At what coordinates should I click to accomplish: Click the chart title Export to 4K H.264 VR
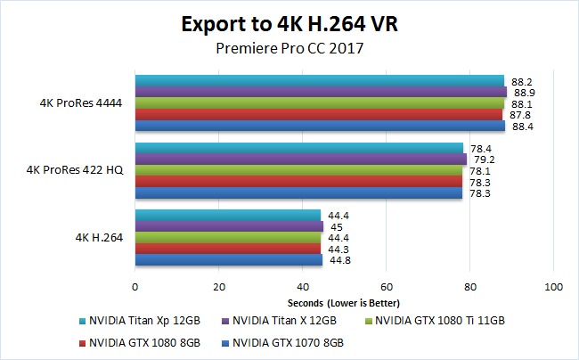[x=289, y=23]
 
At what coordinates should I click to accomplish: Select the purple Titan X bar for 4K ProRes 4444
[x=321, y=92]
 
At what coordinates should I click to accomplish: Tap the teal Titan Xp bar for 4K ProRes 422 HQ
[x=298, y=148]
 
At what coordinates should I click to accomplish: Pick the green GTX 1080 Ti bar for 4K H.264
[x=227, y=238]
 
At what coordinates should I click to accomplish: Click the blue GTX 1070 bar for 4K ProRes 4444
[x=320, y=126]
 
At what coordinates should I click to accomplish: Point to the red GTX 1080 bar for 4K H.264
[x=227, y=249]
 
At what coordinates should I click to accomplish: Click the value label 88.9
[x=525, y=92]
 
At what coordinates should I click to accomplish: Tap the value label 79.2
[x=482, y=160]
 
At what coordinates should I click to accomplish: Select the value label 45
[x=337, y=226]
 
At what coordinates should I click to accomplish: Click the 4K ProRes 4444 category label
[x=81, y=102]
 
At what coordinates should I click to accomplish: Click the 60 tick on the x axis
[x=386, y=287]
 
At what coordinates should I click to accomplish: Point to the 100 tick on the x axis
[x=554, y=287]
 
